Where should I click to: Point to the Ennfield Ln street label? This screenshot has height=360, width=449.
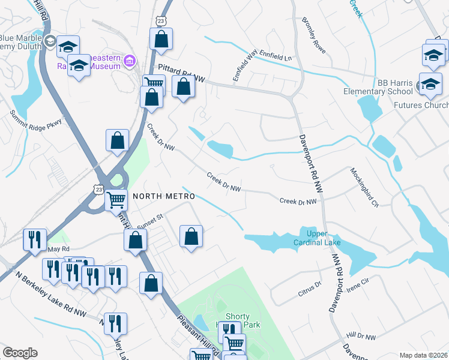279,58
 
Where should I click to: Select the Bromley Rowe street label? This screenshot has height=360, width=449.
315,35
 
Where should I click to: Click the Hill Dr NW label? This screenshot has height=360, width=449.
361,338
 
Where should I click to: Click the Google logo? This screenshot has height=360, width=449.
20,353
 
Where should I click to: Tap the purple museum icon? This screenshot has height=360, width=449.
130,61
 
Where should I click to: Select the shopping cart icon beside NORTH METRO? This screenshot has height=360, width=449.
115,199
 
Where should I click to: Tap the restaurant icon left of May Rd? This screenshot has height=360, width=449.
35,239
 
